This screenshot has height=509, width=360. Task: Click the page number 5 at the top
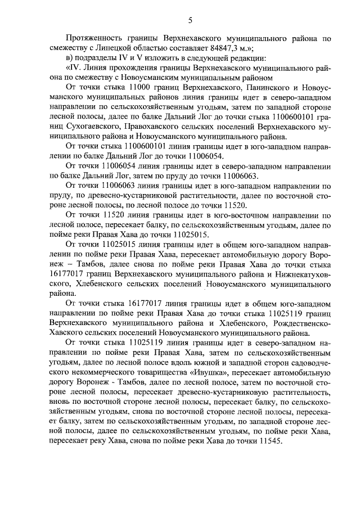[190, 21]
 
